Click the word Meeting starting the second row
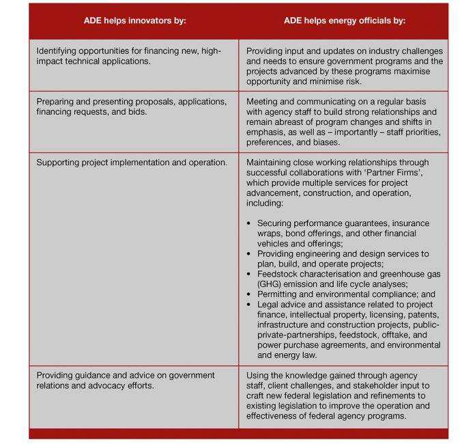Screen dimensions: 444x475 point(263,101)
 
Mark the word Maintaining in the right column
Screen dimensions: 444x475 point(272,163)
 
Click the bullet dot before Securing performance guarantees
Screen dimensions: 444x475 point(250,223)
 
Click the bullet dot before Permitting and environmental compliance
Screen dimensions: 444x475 point(250,294)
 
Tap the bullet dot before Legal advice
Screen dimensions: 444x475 point(250,305)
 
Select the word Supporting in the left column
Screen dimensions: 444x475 point(58,163)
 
